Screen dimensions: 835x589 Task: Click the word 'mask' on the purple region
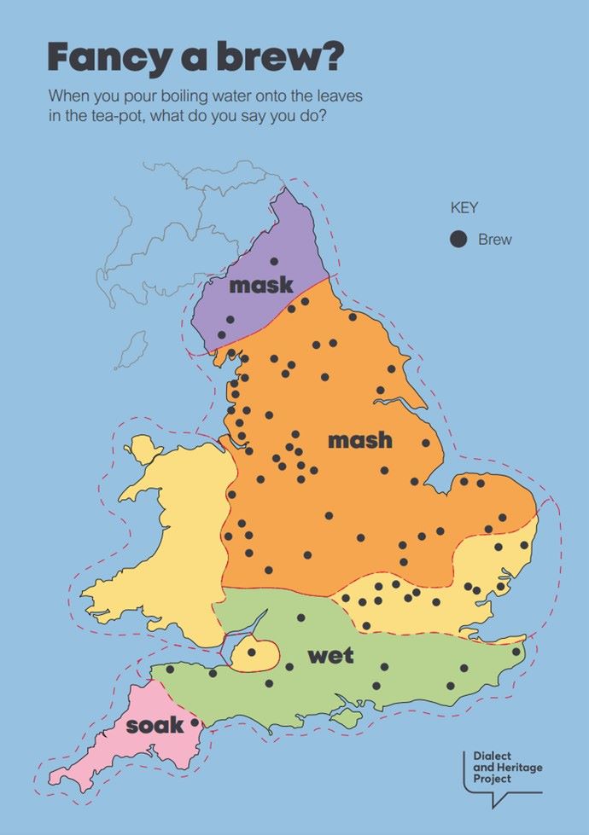click(260, 285)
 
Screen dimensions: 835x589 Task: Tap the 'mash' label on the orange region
click(360, 440)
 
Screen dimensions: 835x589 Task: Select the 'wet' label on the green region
click(330, 655)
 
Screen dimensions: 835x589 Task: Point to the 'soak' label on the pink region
click(155, 726)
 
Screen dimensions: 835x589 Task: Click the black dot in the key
click(458, 240)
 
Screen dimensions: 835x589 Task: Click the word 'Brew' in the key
click(495, 240)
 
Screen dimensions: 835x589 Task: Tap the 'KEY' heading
click(464, 207)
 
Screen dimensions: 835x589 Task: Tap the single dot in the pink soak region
click(195, 722)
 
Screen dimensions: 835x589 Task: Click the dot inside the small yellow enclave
click(251, 652)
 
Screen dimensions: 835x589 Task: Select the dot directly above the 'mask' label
click(274, 261)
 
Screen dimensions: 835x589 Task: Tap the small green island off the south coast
click(347, 720)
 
